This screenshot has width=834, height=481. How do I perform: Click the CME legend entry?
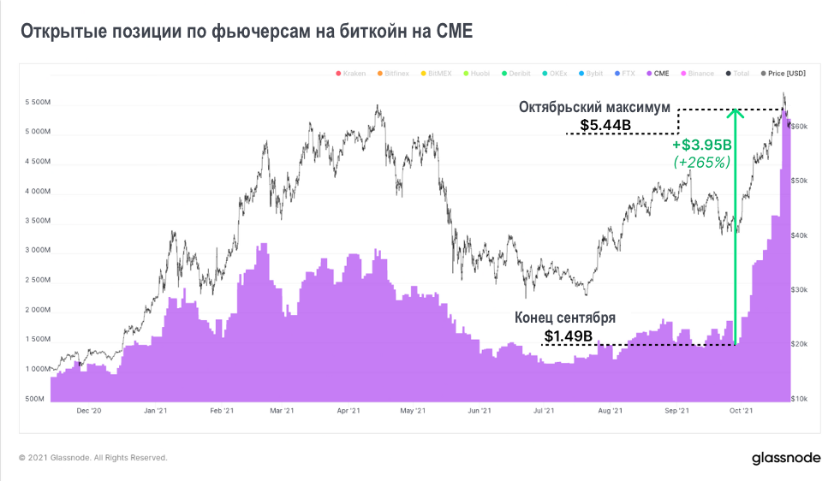pyautogui.click(x=658, y=74)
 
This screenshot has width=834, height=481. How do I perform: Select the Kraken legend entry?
pyautogui.click(x=351, y=74)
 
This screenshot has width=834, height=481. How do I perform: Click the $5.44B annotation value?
pyautogui.click(x=605, y=127)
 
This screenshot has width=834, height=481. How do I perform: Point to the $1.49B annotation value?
pyautogui.click(x=568, y=336)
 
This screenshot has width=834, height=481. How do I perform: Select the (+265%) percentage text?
pyautogui.click(x=700, y=161)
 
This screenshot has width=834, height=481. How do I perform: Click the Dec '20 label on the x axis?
pyautogui.click(x=89, y=412)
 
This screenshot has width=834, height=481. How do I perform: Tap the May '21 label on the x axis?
pyautogui.click(x=414, y=412)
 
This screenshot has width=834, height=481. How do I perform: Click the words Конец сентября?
pyautogui.click(x=565, y=318)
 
